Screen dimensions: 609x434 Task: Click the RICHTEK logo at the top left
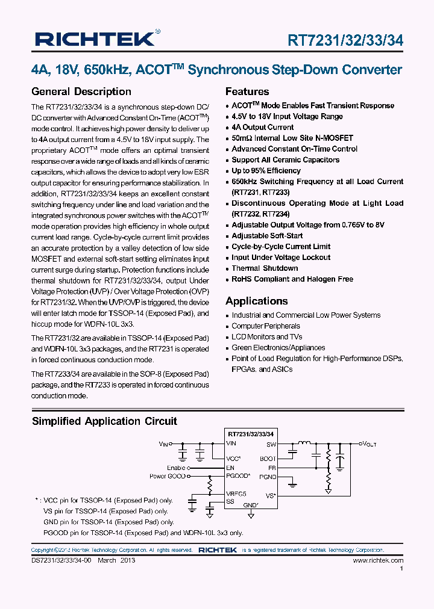pyautogui.click(x=96, y=39)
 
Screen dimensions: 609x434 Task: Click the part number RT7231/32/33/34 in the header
pyautogui.click(x=345, y=40)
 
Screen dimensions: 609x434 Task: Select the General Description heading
pyautogui.click(x=81, y=91)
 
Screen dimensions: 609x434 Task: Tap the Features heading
pyautogui.click(x=247, y=91)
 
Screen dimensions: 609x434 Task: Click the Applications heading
pyautogui.click(x=256, y=301)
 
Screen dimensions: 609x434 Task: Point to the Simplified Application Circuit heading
pyautogui.click(x=104, y=421)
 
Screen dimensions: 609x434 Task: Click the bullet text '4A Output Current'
pyautogui.click(x=263, y=127)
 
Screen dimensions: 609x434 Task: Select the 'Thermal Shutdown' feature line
pyautogui.click(x=265, y=268)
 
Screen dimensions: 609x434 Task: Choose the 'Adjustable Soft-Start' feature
pyautogui.click(x=267, y=235)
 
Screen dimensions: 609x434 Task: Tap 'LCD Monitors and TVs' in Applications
pyautogui.click(x=267, y=336)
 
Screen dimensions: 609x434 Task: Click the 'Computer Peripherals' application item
pyautogui.click(x=266, y=326)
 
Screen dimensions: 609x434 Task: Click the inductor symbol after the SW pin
pyautogui.click(x=314, y=444)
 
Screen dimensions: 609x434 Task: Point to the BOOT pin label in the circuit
pyautogui.click(x=268, y=459)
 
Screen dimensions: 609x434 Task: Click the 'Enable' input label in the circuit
pyautogui.click(x=176, y=468)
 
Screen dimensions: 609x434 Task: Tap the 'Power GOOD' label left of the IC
pyautogui.click(x=167, y=476)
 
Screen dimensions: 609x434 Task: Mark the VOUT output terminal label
pyautogui.click(x=368, y=444)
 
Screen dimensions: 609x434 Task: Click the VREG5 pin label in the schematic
pyautogui.click(x=236, y=493)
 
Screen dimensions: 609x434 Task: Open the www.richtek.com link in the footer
pyautogui.click(x=378, y=560)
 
